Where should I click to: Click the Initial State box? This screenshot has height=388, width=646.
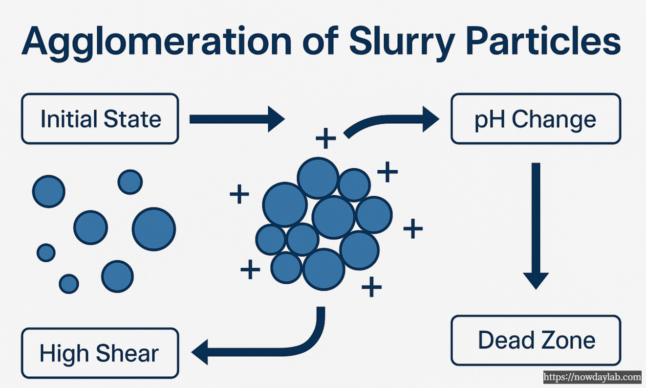coord(100,119)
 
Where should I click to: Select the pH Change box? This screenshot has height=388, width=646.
coord(536,119)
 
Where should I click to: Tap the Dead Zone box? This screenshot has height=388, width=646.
coord(536,340)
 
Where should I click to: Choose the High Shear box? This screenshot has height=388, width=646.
coord(100,353)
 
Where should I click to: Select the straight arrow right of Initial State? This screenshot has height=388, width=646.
coord(236,119)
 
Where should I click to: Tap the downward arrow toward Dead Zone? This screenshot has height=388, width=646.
coord(536,225)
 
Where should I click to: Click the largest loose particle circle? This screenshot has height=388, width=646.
coord(153,229)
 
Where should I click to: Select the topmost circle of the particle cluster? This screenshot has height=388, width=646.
coord(318,178)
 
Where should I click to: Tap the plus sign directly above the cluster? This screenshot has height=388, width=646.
coord(325,139)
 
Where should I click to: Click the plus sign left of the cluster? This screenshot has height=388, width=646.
coord(239,195)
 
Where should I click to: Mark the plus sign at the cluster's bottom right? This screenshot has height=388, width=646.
coord(371,287)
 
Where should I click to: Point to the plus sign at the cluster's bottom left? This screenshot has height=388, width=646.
coord(250,269)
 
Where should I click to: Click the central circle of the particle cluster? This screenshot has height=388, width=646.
coord(333,217)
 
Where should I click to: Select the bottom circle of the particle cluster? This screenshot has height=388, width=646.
coord(323,269)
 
